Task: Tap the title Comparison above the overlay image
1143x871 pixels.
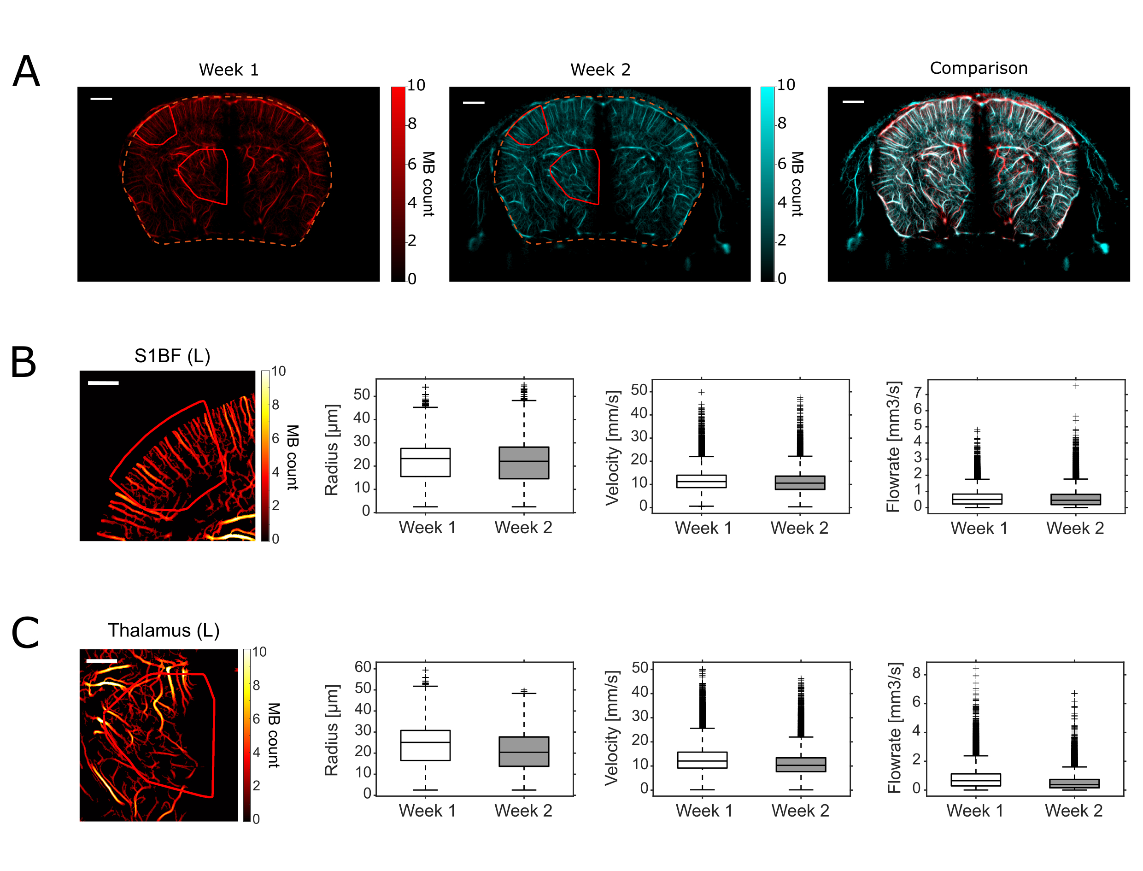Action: point(978,68)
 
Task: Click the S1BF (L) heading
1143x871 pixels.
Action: point(172,356)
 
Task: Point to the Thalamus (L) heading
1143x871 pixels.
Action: point(164,630)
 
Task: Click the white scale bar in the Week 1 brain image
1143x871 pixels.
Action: point(101,99)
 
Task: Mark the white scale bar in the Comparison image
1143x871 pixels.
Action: point(853,101)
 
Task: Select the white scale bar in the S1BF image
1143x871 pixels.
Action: point(103,383)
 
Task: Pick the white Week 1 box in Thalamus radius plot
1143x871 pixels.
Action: point(425,746)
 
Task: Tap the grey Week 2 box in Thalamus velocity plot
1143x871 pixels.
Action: point(801,765)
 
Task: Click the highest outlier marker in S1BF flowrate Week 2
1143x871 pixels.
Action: point(1076,386)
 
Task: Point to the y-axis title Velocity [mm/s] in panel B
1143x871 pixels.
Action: point(613,447)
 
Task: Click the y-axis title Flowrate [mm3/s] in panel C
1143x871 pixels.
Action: point(894,728)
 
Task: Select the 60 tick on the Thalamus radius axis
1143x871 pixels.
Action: point(363,667)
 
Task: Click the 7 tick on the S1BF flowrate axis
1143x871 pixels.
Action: point(918,394)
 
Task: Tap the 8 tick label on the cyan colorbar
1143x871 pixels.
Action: point(782,124)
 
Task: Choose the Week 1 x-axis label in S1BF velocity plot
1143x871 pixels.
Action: point(703,528)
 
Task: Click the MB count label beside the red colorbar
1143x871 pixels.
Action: point(428,184)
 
